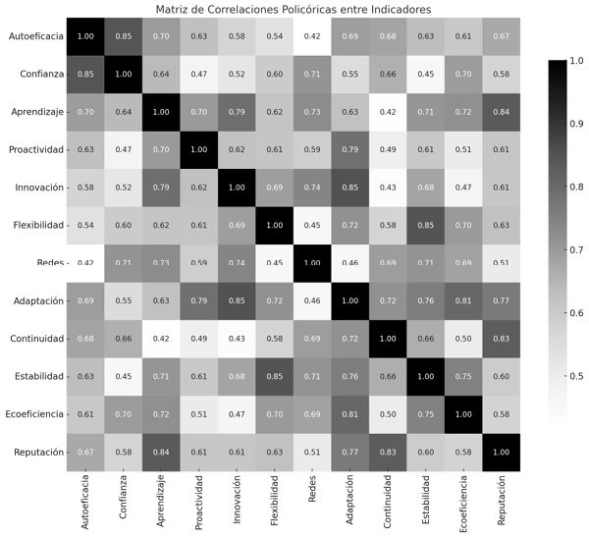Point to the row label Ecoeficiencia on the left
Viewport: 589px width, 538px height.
click(x=29, y=414)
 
